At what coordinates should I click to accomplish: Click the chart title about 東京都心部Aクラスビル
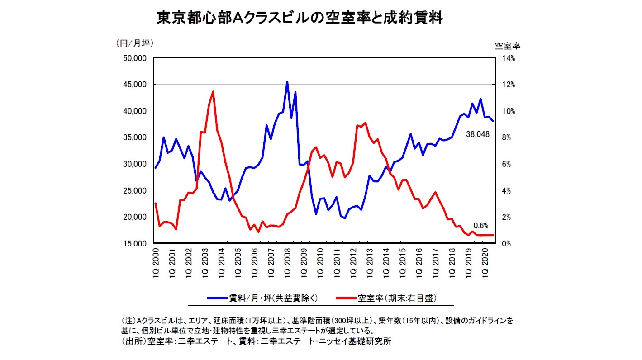(299, 18)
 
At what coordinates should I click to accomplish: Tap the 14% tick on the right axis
(503, 58)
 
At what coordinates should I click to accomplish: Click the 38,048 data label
(477, 134)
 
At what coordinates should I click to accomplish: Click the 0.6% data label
(480, 225)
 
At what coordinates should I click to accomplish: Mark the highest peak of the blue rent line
(287, 82)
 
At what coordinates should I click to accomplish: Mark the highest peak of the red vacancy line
(213, 91)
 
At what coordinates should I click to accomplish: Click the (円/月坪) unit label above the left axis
(135, 43)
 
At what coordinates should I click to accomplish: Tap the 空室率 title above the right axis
(507, 45)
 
